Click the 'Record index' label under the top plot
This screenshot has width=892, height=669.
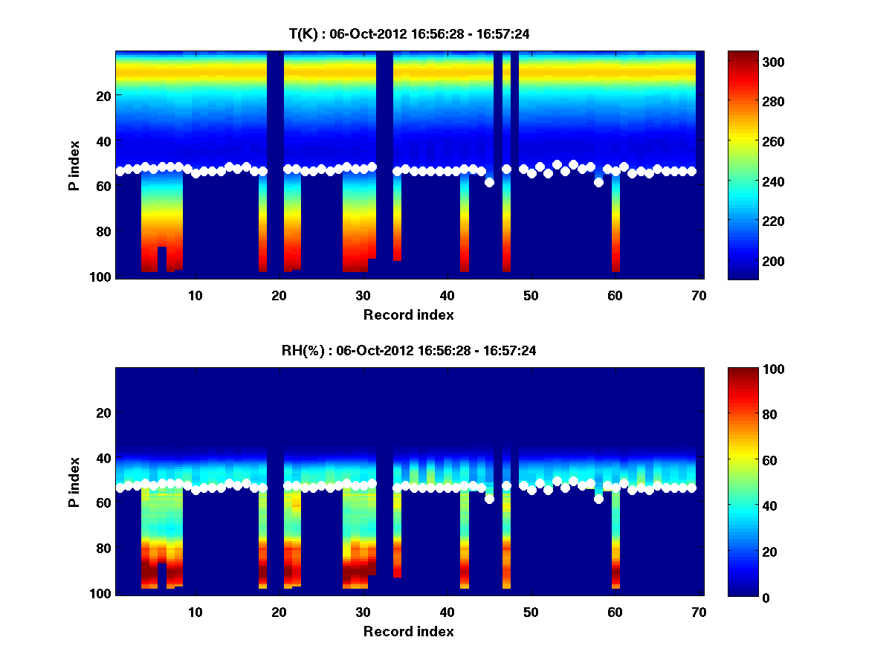408,314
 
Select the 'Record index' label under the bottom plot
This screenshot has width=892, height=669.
408,631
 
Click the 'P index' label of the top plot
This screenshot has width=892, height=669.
74,165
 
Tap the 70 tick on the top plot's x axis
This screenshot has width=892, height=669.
699,296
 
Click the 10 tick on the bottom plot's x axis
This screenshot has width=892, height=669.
195,613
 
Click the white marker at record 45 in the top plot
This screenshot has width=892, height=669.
489,182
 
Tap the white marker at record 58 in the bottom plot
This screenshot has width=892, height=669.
598,499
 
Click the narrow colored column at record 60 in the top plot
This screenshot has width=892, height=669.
615,223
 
